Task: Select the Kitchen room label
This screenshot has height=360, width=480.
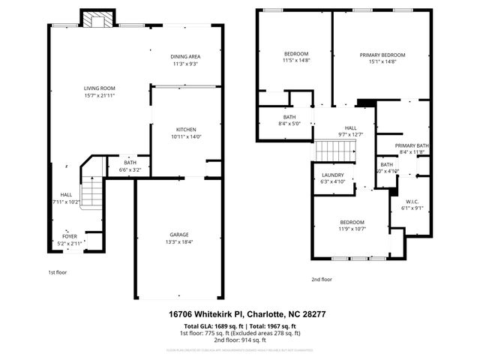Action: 186,129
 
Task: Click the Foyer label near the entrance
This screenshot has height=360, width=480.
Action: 69,235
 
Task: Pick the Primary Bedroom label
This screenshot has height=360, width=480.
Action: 382,55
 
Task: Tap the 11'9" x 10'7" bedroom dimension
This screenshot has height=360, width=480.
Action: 352,229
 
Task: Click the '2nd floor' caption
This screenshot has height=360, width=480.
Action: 322,279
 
